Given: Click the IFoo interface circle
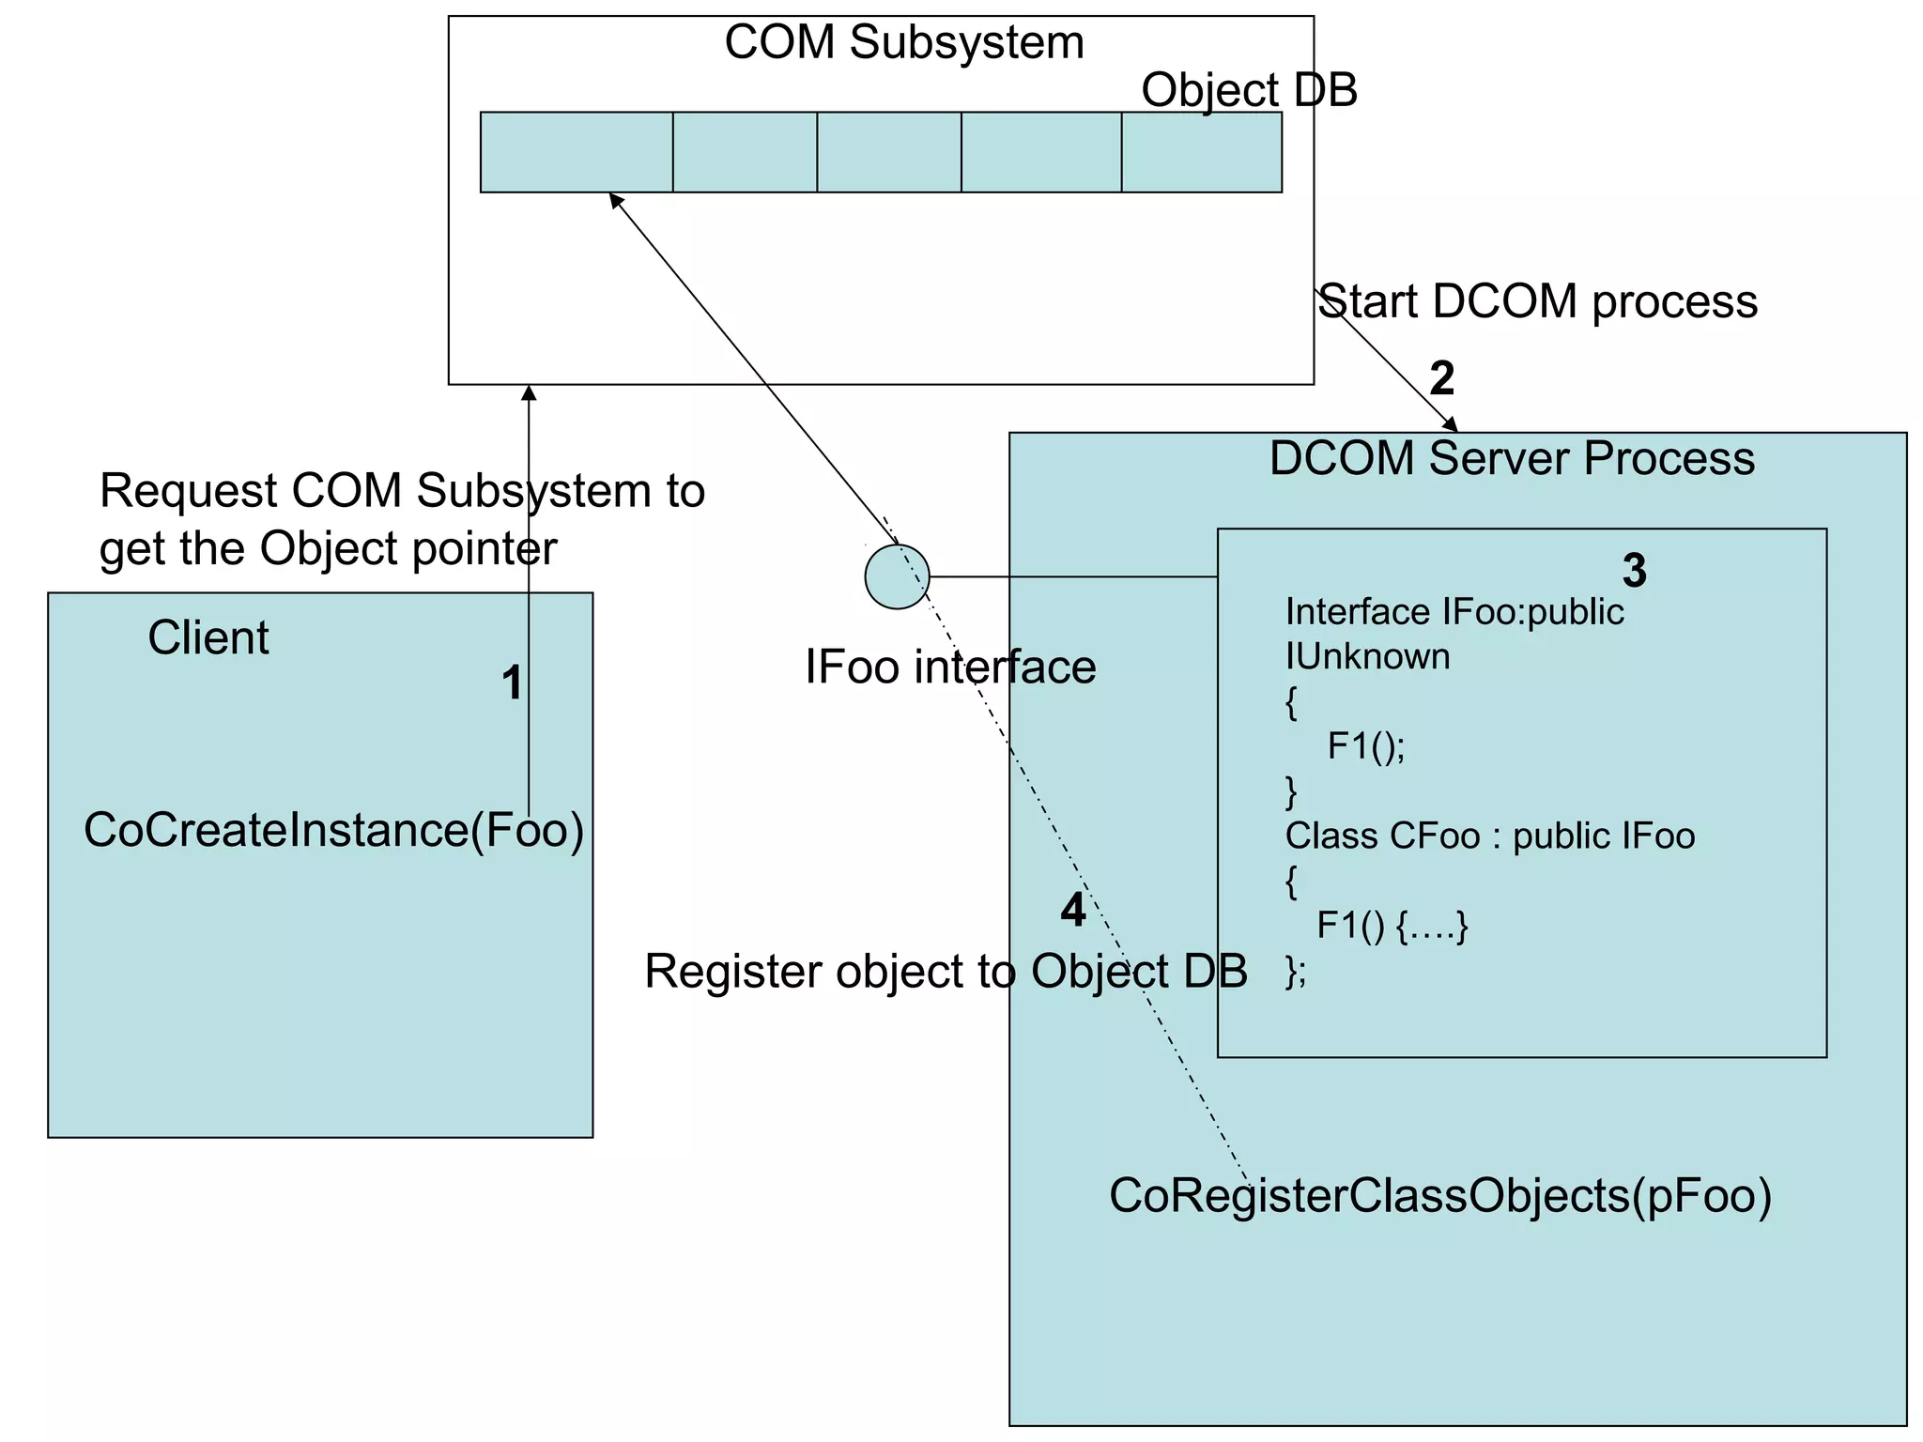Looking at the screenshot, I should [897, 576].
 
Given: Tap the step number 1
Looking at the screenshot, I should [512, 683].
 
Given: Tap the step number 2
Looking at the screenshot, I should [1441, 378].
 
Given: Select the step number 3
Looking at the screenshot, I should [1634, 571].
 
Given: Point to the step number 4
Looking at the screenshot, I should [1072, 910].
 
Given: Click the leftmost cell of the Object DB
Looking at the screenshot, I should [576, 152].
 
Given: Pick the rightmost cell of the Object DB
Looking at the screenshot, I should [1201, 152].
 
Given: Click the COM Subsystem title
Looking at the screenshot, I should [903, 43].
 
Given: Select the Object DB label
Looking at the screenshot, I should [1249, 90].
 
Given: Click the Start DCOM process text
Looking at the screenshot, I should [1538, 302].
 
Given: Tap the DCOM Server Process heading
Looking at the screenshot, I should [1512, 459].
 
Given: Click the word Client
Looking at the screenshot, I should [208, 638].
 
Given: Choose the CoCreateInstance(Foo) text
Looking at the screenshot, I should [333, 830].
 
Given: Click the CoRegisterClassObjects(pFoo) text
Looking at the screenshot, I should [1440, 1196].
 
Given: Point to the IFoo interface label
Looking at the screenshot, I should [950, 667].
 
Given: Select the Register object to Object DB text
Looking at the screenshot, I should [946, 971].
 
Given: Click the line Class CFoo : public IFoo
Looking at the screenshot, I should [1489, 836].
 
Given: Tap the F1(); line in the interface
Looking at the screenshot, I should [1365, 746].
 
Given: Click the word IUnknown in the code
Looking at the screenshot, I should [1367, 656].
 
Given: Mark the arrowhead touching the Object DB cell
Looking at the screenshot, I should [615, 200].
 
